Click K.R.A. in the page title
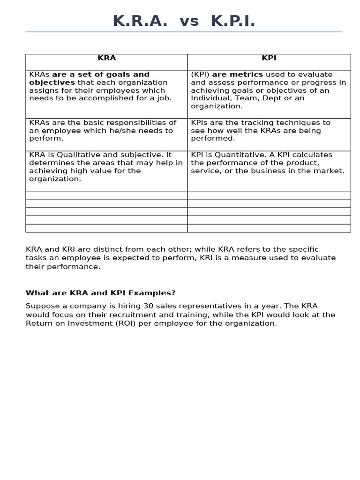(x=140, y=21)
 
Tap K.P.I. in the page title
(x=233, y=21)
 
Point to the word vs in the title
(x=189, y=21)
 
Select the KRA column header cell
(x=106, y=58)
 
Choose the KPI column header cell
(x=269, y=58)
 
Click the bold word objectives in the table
(x=52, y=82)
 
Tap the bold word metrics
(x=246, y=75)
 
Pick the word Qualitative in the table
(x=78, y=155)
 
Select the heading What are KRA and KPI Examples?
(x=100, y=293)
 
